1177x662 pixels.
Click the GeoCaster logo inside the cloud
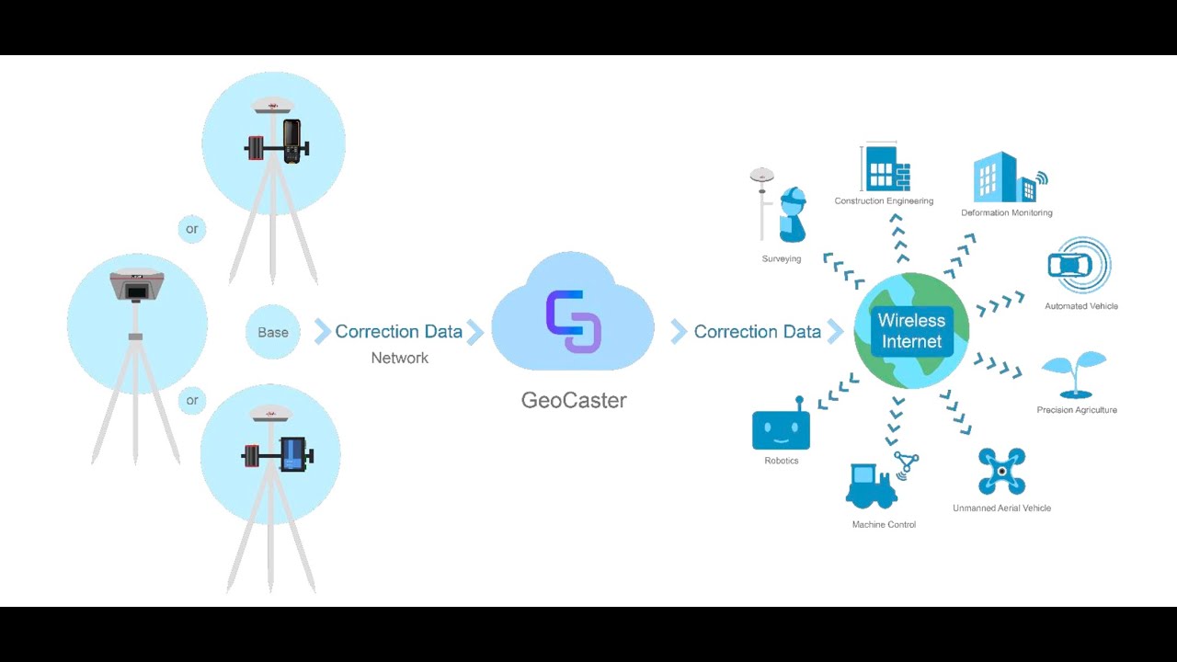574,321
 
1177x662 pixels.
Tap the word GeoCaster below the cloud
574,401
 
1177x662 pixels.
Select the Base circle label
272,332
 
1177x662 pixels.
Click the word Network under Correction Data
399,358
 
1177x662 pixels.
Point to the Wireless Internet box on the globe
910,331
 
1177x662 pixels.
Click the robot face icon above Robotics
781,429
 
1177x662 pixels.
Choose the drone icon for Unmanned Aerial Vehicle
1001,471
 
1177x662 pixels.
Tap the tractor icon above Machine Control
871,487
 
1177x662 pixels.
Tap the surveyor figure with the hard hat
792,215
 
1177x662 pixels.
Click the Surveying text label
781,259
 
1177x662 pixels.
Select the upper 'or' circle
191,228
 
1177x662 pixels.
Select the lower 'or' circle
191,400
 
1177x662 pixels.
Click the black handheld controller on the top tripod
291,141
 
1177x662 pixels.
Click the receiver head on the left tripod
137,285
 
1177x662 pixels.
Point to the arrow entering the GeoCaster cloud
474,332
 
